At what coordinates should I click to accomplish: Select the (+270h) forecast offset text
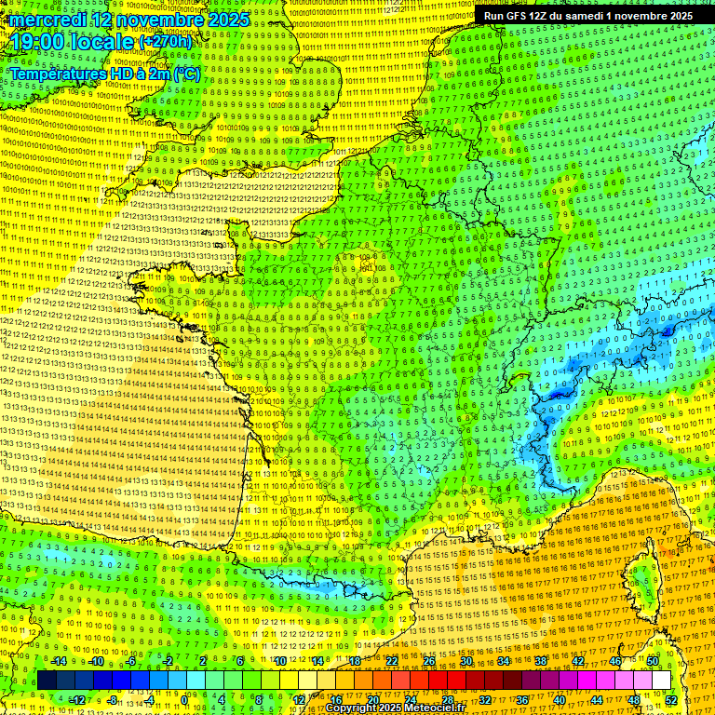[x=166, y=42]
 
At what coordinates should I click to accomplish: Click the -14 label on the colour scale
[x=58, y=661]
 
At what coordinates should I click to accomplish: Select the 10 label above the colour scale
[x=279, y=661]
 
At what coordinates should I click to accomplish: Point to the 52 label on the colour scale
[x=671, y=700]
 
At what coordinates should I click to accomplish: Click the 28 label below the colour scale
[x=448, y=700]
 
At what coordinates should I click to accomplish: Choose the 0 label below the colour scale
[x=184, y=700]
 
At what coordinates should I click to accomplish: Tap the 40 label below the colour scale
[x=560, y=700]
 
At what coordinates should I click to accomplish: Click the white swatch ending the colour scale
[x=661, y=681]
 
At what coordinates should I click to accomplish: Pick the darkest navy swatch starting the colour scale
[x=47, y=681]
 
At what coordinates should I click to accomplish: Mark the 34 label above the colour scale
[x=504, y=661]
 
